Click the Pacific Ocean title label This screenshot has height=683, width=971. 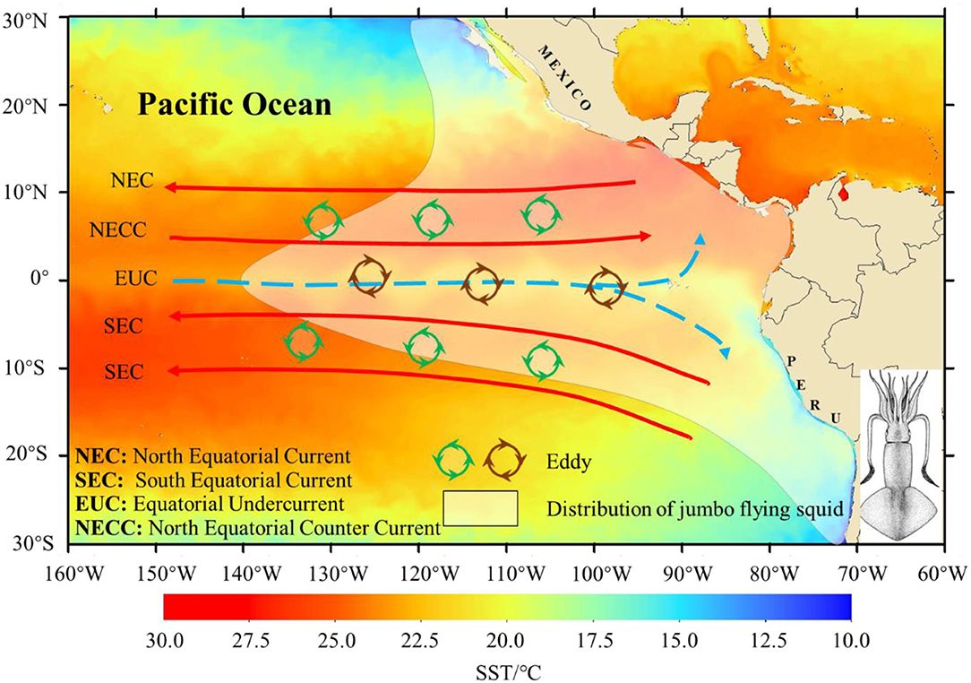pyautogui.click(x=235, y=105)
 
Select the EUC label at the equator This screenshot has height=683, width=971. pyautogui.click(x=135, y=279)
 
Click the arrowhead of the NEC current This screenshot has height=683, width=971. pyautogui.click(x=168, y=186)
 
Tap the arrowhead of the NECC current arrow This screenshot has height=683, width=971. pyautogui.click(x=646, y=236)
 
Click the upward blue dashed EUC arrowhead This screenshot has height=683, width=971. pyautogui.click(x=700, y=238)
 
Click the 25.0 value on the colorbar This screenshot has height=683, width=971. pyautogui.click(x=337, y=639)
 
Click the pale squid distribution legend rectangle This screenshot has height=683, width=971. pyautogui.click(x=480, y=507)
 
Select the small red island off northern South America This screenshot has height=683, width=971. pyautogui.click(x=843, y=190)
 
